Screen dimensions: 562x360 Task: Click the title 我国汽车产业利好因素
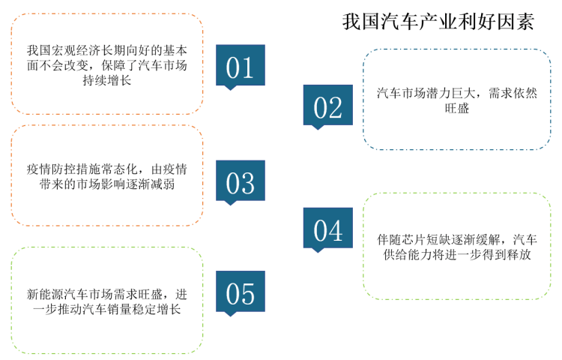pos(438,22)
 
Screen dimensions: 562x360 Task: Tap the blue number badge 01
pos(240,65)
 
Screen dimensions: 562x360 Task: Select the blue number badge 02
pos(328,105)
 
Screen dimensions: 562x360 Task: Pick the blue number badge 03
pos(240,181)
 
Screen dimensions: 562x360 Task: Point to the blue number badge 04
pos(328,228)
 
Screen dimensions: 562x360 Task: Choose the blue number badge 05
pos(240,292)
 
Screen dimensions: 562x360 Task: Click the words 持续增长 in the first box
pos(107,80)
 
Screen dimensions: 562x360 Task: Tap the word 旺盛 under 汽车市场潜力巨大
pos(456,108)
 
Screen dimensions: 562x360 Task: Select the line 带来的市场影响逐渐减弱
pos(107,184)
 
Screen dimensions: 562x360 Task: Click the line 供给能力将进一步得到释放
pos(456,254)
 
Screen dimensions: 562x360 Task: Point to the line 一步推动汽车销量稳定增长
pos(107,309)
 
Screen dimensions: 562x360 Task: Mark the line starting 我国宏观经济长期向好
pos(107,50)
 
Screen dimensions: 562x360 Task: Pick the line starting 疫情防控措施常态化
pos(107,169)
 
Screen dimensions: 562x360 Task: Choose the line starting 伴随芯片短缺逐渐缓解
pos(456,239)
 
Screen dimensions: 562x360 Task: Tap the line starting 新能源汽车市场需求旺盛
pos(107,295)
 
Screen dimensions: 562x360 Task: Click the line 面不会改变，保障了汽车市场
pos(107,65)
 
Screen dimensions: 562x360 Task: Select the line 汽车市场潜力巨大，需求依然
pos(456,93)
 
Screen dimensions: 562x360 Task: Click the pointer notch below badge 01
pos(230,88)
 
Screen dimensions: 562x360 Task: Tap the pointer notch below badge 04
pos(318,250)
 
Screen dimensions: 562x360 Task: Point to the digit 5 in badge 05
pos(248,294)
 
